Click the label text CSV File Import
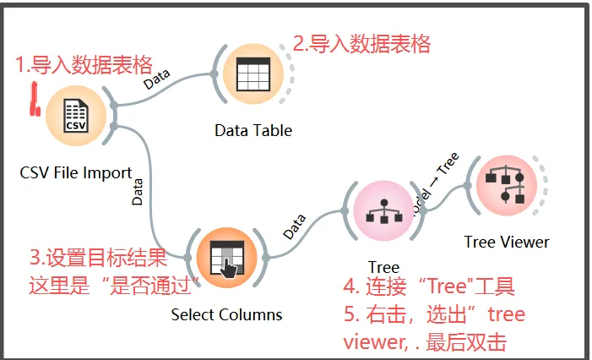(75, 173)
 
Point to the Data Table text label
(253, 130)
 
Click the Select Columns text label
(225, 314)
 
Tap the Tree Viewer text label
(506, 242)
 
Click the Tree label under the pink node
(383, 268)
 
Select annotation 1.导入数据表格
(84, 64)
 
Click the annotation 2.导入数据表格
(361, 43)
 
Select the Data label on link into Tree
(294, 225)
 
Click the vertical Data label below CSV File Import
(138, 192)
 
